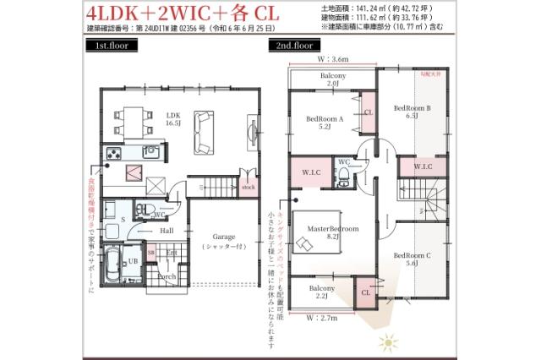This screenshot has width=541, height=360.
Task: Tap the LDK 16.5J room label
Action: tap(173, 118)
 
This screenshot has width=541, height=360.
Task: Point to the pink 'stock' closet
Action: tap(248, 187)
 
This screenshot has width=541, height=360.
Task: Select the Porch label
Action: tap(166, 275)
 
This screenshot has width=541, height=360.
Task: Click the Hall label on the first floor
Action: tap(167, 229)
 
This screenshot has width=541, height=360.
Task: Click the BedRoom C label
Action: tap(412, 259)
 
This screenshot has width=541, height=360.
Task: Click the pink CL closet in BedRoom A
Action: tap(368, 112)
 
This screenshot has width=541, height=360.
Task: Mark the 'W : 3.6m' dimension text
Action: tap(333, 60)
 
